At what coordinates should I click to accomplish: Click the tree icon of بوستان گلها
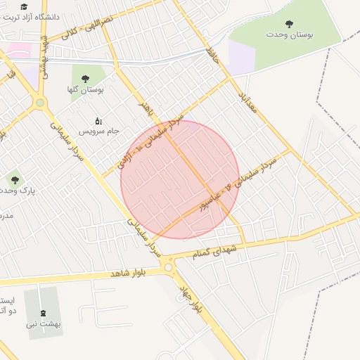(86, 79)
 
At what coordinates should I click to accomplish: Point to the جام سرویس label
(100, 131)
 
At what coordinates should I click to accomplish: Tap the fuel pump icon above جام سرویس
(98, 120)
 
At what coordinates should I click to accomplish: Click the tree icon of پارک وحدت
(15, 180)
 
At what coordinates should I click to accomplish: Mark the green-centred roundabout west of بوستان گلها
(40, 103)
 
